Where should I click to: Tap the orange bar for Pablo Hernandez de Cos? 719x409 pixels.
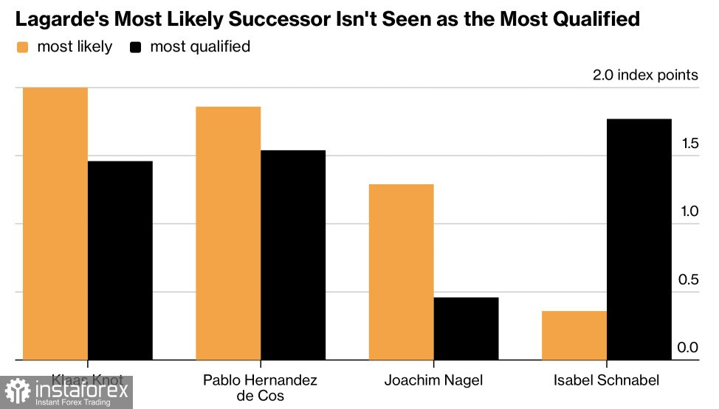(x=228, y=233)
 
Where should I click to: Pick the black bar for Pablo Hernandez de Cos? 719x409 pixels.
(x=293, y=255)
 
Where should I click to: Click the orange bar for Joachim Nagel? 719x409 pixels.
(x=401, y=272)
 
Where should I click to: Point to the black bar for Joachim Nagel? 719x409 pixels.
(x=466, y=329)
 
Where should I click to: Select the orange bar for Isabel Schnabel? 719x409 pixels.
(x=574, y=335)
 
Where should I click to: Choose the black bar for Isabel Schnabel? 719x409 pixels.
(x=639, y=240)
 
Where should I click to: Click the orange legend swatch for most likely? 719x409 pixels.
(x=22, y=47)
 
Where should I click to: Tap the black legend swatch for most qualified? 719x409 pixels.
(x=136, y=47)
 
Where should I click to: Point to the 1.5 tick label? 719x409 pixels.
(x=689, y=143)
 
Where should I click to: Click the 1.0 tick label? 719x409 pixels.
(x=689, y=212)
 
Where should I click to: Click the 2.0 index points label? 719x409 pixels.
(x=644, y=75)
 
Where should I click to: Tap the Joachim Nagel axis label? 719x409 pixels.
(x=433, y=381)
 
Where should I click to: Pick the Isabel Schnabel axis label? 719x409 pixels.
(x=606, y=381)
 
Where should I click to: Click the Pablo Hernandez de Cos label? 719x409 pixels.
(x=260, y=388)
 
